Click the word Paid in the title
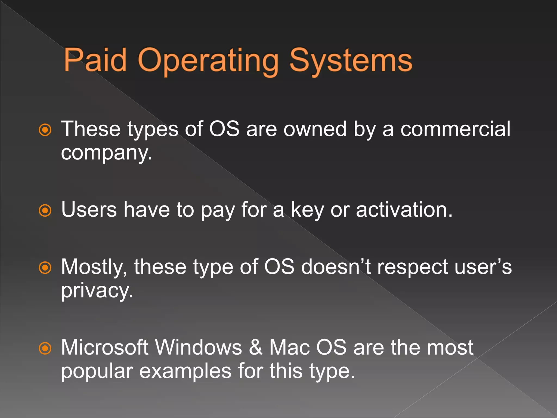pos(95,60)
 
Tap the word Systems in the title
pos(351,61)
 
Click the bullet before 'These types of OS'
pos(45,130)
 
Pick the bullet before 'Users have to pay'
pos(45,210)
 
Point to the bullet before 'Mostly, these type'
pos(45,268)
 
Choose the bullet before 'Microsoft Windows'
pos(45,348)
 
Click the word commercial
pos(455,129)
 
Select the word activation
pos(404,210)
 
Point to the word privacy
pos(97,291)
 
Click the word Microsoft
pos(105,348)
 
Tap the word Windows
pos(198,348)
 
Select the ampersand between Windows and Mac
pos(256,348)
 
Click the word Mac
pos(289,348)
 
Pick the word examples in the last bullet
pos(185,371)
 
